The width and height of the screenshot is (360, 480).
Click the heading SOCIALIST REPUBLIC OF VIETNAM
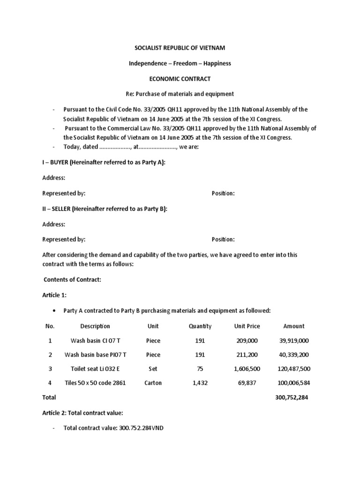click(x=180, y=48)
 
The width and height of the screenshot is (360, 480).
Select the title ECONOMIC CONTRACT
click(x=180, y=78)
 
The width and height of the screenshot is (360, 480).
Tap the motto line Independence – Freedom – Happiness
click(x=180, y=63)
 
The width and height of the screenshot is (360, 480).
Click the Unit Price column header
click(x=247, y=326)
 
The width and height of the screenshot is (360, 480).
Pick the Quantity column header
click(x=200, y=326)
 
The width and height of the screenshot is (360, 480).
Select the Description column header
click(x=95, y=326)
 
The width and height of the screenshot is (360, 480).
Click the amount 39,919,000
click(x=294, y=340)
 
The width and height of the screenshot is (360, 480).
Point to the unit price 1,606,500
click(x=247, y=369)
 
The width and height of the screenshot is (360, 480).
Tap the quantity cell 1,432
click(x=200, y=383)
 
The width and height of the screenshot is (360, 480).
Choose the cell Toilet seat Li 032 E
click(x=95, y=369)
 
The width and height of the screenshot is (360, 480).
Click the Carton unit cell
click(x=153, y=383)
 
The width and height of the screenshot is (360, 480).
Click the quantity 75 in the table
click(x=200, y=369)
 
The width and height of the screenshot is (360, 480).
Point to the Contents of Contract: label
click(x=72, y=280)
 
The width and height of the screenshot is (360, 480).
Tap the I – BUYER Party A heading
click(x=104, y=163)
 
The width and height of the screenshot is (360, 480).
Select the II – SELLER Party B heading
click(x=105, y=209)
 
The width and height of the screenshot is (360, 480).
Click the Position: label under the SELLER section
click(x=223, y=240)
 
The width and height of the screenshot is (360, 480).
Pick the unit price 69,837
click(x=247, y=383)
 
